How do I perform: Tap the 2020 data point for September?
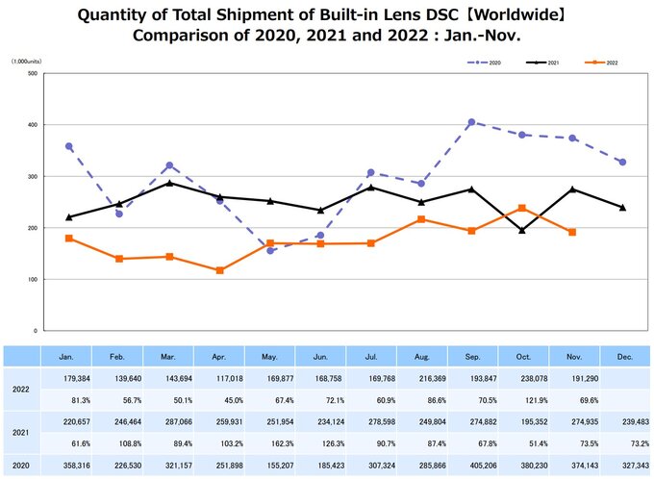tap(471, 122)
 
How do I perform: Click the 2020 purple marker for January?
tap(69, 146)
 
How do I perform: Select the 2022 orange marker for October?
tap(521, 208)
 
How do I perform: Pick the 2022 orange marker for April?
tap(220, 270)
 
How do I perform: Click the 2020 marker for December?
tap(622, 163)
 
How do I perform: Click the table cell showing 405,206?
tap(470, 466)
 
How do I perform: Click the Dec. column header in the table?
tap(622, 357)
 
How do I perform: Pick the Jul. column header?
tap(370, 357)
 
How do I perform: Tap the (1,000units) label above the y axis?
tap(27, 60)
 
